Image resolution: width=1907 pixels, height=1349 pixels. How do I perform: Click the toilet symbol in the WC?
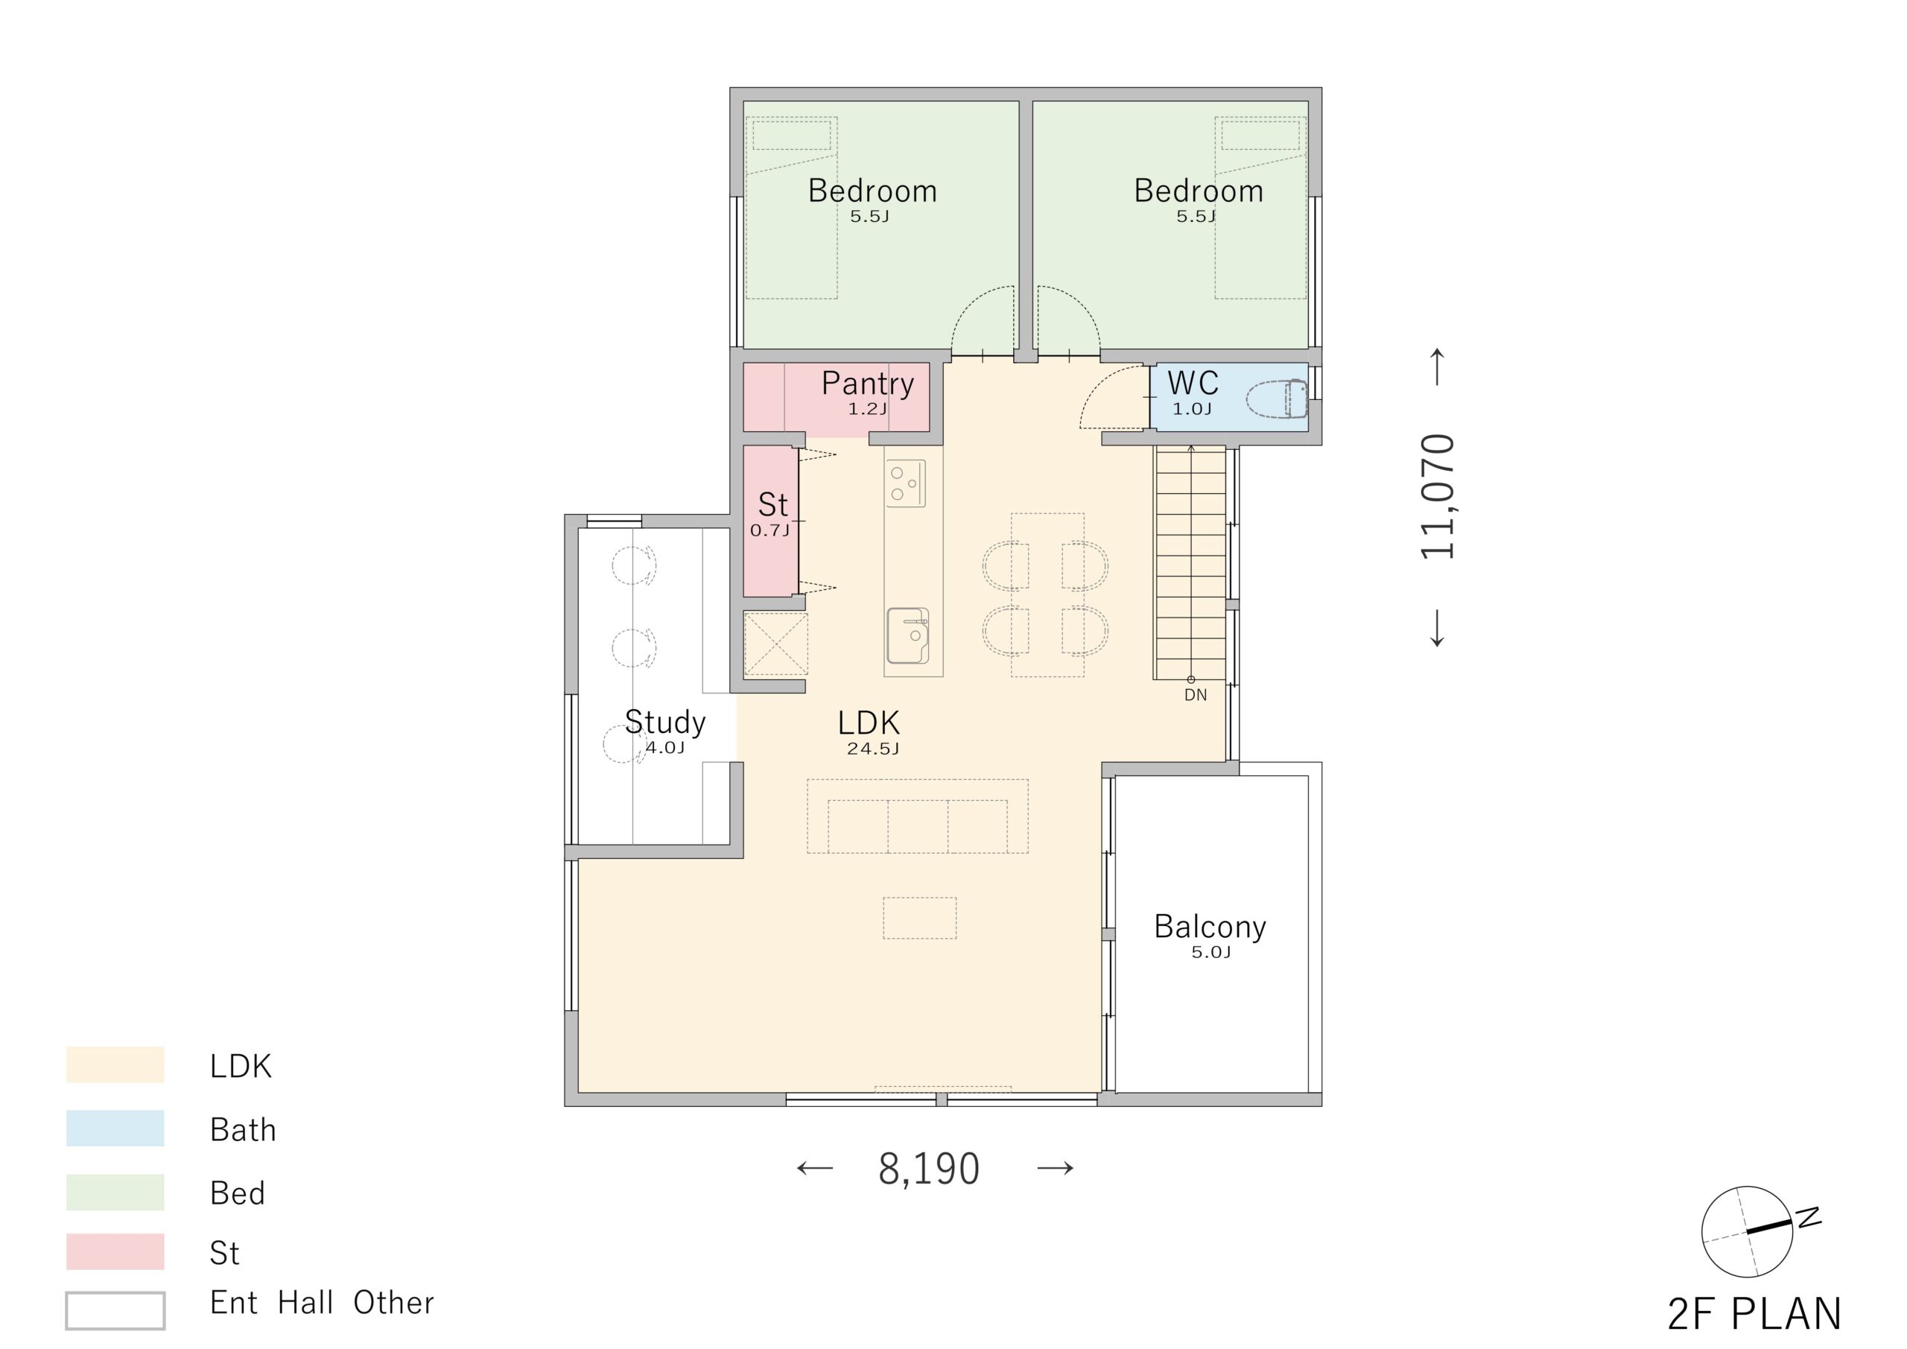tap(1277, 398)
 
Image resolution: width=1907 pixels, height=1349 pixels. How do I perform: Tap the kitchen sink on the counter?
tap(908, 635)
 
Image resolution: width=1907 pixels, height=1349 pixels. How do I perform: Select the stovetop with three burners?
tap(905, 483)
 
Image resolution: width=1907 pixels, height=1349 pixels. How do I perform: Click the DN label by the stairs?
tap(1195, 694)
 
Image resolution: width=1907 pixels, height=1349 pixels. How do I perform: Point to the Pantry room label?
tap(867, 383)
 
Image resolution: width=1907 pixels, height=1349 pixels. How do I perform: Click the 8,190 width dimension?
tap(929, 1169)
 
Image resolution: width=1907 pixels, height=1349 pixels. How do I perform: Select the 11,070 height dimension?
tap(1438, 496)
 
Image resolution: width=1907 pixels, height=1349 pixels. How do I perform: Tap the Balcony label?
tap(1210, 926)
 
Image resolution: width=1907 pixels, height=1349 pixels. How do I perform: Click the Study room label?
tap(664, 722)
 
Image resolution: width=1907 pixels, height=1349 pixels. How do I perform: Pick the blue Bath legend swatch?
tap(115, 1128)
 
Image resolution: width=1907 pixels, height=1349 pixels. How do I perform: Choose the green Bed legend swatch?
tap(115, 1191)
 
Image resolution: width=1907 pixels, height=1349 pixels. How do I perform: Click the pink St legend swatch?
tap(115, 1252)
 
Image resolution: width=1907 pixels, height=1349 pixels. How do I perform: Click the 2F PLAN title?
tap(1754, 1314)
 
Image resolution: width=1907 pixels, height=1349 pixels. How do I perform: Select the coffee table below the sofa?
tap(919, 918)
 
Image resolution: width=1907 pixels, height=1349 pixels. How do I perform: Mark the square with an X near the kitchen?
tap(775, 644)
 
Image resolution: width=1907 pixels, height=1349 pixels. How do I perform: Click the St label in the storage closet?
tap(772, 504)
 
